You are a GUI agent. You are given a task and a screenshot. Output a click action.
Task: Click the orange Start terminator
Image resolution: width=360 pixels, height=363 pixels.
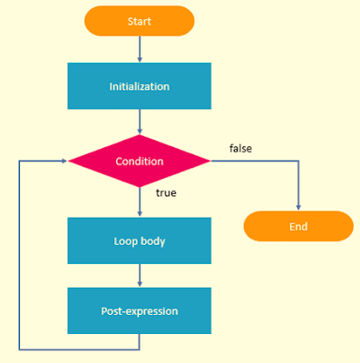pyautogui.click(x=139, y=20)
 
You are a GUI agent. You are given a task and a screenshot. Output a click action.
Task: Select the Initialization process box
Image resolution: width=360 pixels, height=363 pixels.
pyautogui.click(x=139, y=86)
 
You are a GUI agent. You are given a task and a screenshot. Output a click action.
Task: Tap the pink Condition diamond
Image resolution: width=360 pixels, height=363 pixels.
pyautogui.click(x=139, y=162)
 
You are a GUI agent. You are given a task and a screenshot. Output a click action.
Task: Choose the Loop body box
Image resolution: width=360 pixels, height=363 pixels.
pyautogui.click(x=139, y=241)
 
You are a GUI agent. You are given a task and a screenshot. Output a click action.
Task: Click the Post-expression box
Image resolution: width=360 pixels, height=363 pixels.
pyautogui.click(x=139, y=310)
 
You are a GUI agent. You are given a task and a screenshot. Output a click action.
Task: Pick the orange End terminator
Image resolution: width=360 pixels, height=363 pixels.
pyautogui.click(x=298, y=226)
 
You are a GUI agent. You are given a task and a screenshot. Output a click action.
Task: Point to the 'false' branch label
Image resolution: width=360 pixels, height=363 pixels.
pyautogui.click(x=240, y=146)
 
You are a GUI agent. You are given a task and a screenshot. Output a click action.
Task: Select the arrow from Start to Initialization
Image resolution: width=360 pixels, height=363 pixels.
pyautogui.click(x=139, y=49)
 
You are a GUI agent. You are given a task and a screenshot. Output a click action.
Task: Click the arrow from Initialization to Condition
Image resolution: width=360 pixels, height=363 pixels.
pyautogui.click(x=139, y=122)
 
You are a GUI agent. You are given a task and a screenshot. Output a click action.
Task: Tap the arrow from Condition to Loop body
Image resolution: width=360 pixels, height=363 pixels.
pyautogui.click(x=139, y=202)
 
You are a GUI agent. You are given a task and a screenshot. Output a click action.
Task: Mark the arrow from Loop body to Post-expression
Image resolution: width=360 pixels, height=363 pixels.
pyautogui.click(x=139, y=276)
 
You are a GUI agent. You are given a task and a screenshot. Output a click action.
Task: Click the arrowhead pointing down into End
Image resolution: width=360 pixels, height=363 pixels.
pyautogui.click(x=298, y=207)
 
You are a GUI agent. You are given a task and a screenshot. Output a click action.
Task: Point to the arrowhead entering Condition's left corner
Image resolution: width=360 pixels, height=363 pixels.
pyautogui.click(x=64, y=162)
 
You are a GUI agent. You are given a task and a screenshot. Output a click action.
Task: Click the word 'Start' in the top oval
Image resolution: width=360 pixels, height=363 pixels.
pyautogui.click(x=139, y=20)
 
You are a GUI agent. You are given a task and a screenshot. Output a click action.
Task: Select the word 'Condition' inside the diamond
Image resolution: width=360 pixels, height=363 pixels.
pyautogui.click(x=139, y=162)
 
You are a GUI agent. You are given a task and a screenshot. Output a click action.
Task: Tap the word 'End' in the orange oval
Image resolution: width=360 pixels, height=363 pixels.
pyautogui.click(x=298, y=226)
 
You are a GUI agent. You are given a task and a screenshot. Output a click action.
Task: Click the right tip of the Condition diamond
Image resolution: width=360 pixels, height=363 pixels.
pyautogui.click(x=210, y=162)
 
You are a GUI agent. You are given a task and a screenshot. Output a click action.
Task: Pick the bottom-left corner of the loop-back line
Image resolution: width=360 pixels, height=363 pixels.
pyautogui.click(x=18, y=349)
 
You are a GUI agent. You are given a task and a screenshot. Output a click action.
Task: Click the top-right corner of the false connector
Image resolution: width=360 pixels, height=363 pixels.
pyautogui.click(x=298, y=162)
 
